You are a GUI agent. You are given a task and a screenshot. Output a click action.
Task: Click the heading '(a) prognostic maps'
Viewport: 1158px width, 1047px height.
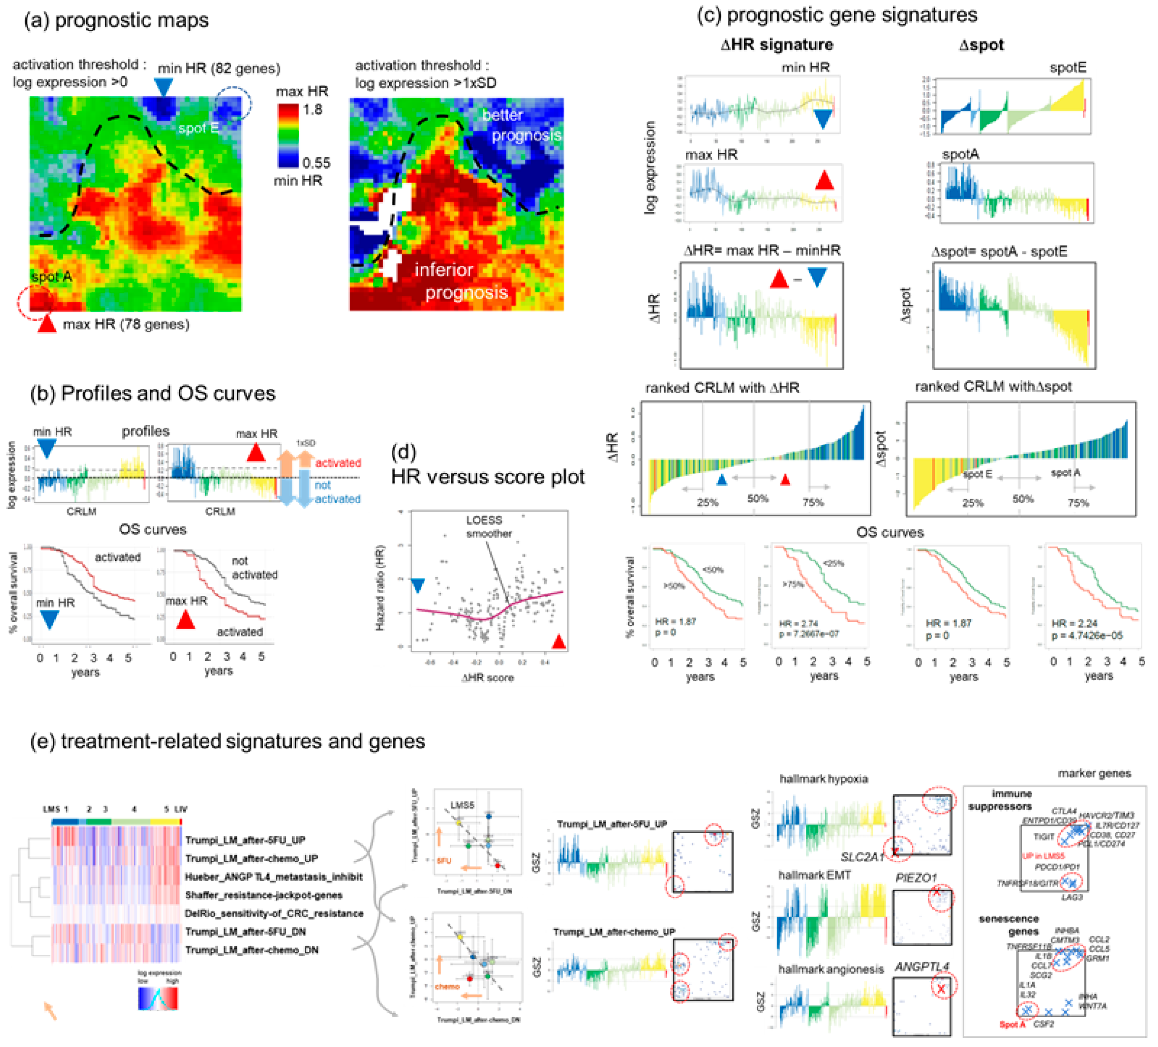[x=116, y=21]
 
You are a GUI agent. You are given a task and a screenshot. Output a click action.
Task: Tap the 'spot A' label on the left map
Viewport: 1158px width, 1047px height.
[x=52, y=277]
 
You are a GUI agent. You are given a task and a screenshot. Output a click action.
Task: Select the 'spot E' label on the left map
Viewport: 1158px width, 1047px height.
[x=198, y=128]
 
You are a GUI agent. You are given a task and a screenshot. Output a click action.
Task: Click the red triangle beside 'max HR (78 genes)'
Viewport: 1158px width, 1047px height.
[x=47, y=324]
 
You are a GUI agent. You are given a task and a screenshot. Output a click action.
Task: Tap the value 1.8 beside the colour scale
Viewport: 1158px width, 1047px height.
[x=313, y=109]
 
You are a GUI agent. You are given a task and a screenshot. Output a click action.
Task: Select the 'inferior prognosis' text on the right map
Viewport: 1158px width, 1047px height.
[x=460, y=282]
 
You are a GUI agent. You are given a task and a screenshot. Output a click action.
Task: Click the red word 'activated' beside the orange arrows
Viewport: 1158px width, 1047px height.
[x=338, y=463]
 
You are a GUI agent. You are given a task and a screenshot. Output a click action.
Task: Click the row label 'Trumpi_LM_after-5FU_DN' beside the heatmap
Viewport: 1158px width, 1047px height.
[x=245, y=931]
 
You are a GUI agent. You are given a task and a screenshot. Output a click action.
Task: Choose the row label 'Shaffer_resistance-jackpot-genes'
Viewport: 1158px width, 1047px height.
[x=264, y=895]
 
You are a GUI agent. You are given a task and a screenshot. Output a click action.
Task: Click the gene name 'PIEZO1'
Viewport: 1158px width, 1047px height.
[x=916, y=878]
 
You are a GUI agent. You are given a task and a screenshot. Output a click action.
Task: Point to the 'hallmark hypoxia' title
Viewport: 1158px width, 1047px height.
[x=823, y=779]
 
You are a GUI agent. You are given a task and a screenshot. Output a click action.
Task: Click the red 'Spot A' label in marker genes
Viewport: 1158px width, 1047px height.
[x=1012, y=1024]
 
